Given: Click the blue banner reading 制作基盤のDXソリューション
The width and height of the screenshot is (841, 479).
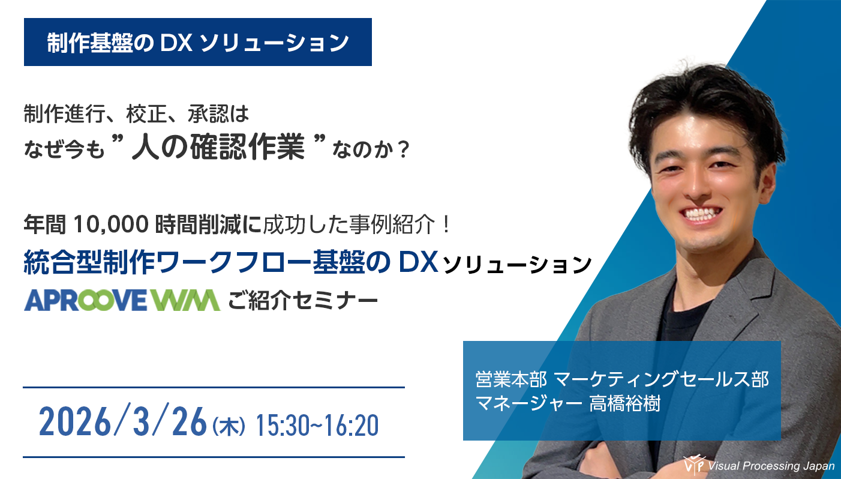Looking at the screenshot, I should [197, 42].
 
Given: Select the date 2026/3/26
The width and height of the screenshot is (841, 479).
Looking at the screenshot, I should [123, 424].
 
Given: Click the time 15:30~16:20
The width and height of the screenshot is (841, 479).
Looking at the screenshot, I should [317, 426].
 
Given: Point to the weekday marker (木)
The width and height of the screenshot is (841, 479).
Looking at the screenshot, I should [229, 427].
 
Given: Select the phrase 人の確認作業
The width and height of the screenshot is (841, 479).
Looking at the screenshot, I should [217, 148].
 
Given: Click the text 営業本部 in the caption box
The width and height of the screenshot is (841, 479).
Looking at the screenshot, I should [510, 379].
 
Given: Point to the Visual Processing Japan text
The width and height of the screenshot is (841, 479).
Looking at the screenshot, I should [771, 466].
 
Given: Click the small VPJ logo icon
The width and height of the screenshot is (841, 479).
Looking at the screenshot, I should [693, 465].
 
